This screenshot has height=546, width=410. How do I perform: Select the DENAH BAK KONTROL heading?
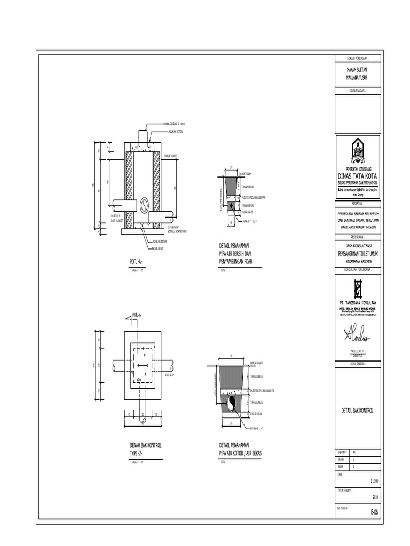(x=146, y=445)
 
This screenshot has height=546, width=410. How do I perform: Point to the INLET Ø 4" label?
(x=117, y=215)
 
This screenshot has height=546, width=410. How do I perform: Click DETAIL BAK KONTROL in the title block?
(x=358, y=412)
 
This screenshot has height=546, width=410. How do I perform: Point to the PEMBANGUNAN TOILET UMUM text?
(x=358, y=256)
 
